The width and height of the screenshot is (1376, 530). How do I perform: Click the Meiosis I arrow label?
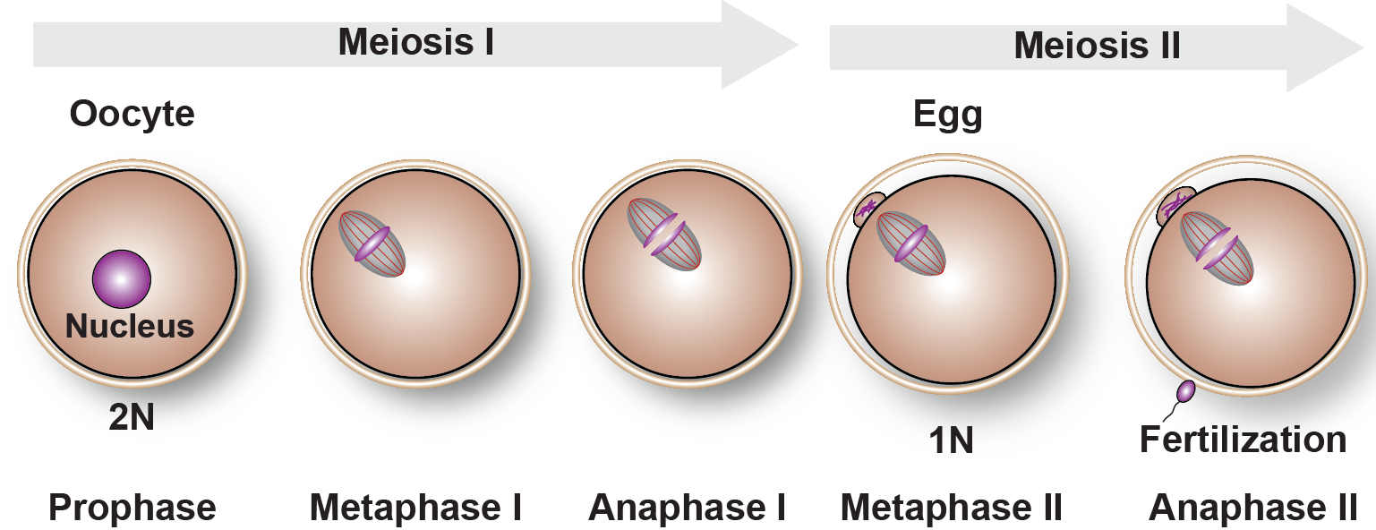415,42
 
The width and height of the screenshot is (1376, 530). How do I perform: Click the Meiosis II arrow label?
1097,45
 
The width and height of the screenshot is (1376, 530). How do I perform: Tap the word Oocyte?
132,115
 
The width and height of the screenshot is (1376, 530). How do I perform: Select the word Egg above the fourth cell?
947,115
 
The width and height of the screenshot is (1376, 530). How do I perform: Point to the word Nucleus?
130,326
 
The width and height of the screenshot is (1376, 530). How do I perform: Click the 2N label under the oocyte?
132,416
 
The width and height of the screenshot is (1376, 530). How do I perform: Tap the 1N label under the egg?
950,440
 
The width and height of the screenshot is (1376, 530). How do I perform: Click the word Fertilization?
1243,440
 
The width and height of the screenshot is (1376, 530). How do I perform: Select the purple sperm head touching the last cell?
1186,391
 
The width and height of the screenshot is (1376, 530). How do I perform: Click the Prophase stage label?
132,508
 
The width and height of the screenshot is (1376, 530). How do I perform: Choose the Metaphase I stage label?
415,508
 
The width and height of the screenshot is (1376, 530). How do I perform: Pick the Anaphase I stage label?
687,508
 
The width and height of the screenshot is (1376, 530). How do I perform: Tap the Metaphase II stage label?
951,508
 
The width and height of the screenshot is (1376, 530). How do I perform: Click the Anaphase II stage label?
1253,508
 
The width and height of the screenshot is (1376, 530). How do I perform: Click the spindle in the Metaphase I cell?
372,244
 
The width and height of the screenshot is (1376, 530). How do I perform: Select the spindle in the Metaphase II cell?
910,244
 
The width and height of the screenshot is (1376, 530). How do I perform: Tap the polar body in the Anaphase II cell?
1175,208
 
